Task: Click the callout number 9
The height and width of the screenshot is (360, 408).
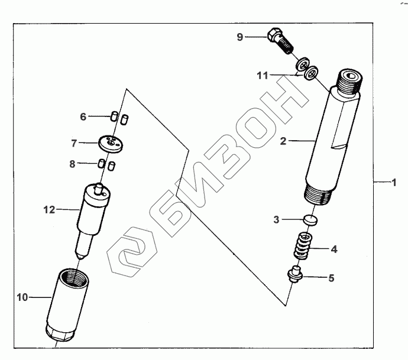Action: click(x=239, y=37)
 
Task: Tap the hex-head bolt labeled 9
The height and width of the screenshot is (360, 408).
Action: click(x=280, y=41)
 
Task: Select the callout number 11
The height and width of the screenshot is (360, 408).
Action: click(x=263, y=76)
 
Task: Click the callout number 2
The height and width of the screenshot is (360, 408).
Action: click(x=283, y=141)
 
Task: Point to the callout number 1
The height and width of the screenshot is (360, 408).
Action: click(x=394, y=182)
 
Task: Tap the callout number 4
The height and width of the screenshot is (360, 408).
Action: click(x=334, y=249)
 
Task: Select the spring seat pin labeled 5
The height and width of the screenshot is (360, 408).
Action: click(x=295, y=274)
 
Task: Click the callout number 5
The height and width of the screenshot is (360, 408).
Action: click(x=331, y=278)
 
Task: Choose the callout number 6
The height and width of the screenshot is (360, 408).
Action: click(x=83, y=116)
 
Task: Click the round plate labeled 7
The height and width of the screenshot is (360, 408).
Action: click(x=111, y=144)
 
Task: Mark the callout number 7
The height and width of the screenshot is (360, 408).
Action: click(x=74, y=143)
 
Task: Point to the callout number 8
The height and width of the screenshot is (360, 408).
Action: click(x=72, y=164)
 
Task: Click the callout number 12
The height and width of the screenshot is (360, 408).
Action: click(x=50, y=210)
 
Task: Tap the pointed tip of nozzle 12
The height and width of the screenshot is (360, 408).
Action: click(x=81, y=258)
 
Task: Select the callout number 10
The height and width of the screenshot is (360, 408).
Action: click(x=22, y=297)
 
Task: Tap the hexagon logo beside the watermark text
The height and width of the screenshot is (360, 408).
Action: click(x=132, y=252)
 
